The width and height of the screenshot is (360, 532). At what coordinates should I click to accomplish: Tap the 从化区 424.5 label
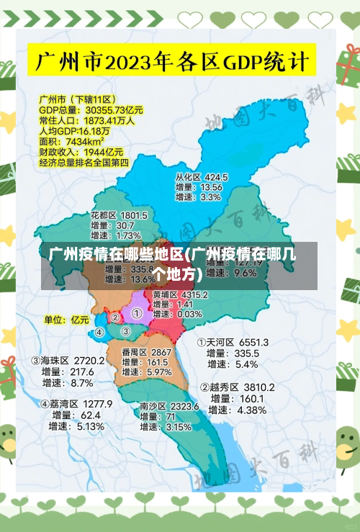pos(201,176)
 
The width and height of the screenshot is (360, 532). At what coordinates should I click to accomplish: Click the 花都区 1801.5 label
pos(119,215)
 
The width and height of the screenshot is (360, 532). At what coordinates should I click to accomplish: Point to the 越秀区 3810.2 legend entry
pos(237,387)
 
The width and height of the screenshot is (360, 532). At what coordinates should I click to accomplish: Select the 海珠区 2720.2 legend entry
pos(68,360)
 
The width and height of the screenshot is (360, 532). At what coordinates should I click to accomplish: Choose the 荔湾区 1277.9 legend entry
pos(76,404)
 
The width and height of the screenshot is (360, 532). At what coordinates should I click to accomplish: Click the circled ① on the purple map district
pos(136,314)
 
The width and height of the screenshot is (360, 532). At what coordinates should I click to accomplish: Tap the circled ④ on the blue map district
pos(99,333)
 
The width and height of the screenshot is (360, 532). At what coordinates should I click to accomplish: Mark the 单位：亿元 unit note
pos(66,319)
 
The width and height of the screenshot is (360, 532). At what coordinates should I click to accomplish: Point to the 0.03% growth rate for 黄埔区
pos(189,314)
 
